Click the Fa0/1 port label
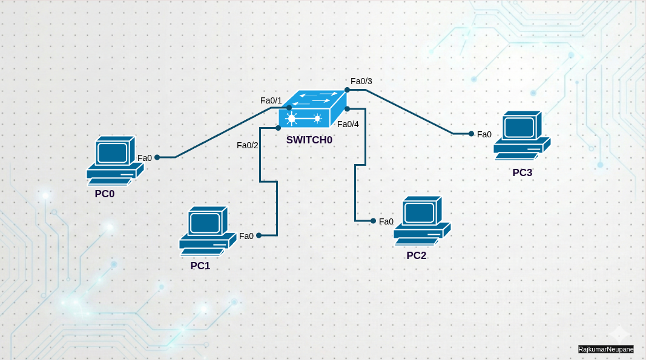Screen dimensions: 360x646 271,100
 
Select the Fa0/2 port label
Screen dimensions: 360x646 248,145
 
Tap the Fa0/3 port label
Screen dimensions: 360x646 361,81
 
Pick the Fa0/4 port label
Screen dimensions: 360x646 348,124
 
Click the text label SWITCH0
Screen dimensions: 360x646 309,140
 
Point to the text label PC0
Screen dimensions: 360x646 105,194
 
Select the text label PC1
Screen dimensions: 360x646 200,266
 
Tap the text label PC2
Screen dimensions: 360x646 417,255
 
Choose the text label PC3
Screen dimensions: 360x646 522,172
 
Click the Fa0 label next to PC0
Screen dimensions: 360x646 145,158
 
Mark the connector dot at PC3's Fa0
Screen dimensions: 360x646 471,134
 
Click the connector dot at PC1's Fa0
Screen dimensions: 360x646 259,235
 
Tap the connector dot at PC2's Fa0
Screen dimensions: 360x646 373,221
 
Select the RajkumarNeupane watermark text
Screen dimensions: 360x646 605,349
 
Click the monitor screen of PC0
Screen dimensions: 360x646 113,152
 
